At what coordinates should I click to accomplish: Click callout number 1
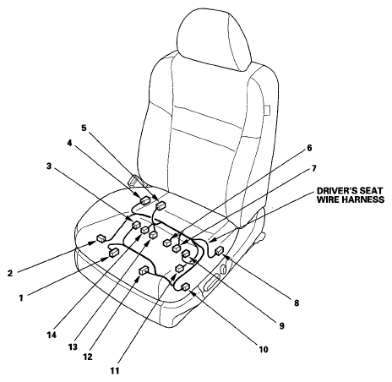[21, 297]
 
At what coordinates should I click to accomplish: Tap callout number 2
[10, 273]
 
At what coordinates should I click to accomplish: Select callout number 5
[84, 128]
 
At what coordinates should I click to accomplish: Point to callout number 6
[309, 148]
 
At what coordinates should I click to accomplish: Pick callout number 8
[297, 303]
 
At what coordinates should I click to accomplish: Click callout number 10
[264, 349]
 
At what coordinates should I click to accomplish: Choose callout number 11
[115, 371]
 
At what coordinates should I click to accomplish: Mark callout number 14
[52, 336]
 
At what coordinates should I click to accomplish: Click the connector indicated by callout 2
[101, 238]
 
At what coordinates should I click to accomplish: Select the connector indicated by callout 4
[145, 200]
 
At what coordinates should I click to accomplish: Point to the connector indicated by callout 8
[220, 250]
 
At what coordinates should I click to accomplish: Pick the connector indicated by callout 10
[186, 286]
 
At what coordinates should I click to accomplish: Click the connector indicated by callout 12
[144, 270]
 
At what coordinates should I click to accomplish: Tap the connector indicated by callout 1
[114, 253]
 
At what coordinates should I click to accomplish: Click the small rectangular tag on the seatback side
[267, 110]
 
